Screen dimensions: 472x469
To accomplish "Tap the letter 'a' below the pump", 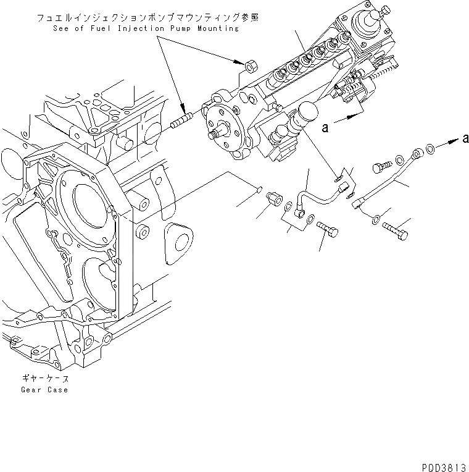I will [x=323, y=128].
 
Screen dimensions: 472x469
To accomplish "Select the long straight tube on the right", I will [x=386, y=183].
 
